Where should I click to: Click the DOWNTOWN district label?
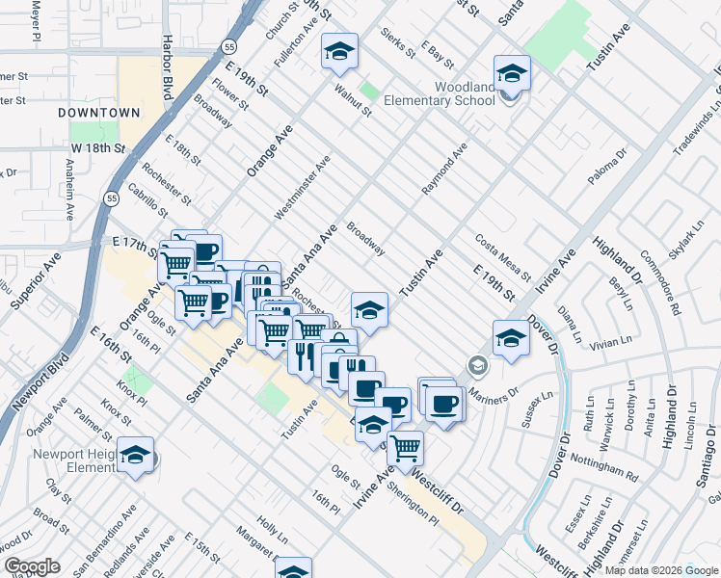[x=99, y=113]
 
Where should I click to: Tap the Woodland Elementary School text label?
[x=439, y=93]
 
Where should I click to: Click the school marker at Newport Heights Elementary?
[x=135, y=456]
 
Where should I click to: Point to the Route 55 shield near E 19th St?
[x=227, y=46]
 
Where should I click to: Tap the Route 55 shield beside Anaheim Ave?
[x=112, y=198]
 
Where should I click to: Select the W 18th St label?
[x=98, y=148]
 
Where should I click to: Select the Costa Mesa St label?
[x=503, y=256]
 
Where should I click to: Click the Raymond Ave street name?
[x=443, y=170]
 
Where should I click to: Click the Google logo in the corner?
[x=31, y=566]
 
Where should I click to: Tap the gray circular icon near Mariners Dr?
[x=476, y=366]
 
